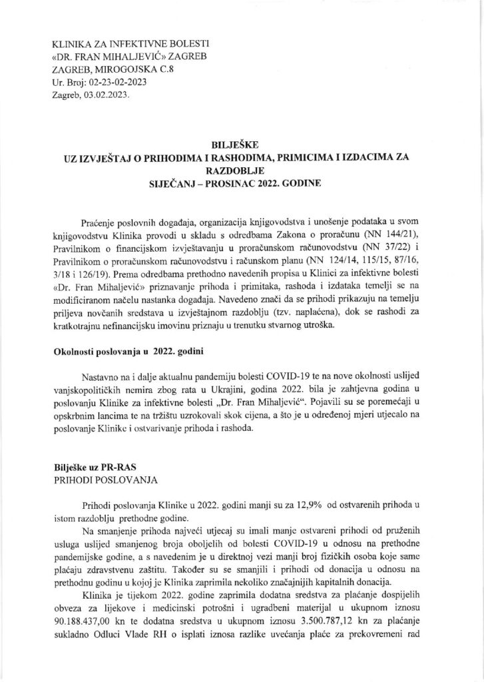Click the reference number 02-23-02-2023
click(x=110, y=83)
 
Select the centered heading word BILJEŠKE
click(x=241, y=142)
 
